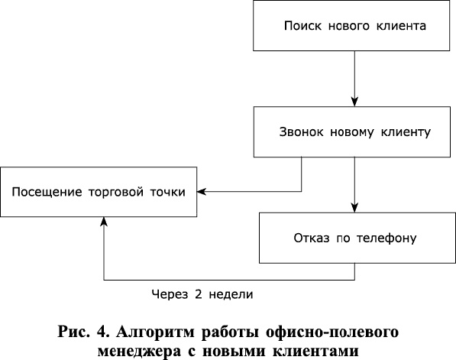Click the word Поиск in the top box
300,25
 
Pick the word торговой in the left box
121,190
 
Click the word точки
168,190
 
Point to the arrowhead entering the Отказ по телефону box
355,207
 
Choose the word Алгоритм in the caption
157,333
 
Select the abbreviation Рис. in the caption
74,333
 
